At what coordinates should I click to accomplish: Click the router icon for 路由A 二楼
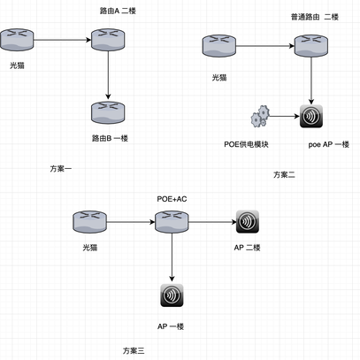pos(107,39)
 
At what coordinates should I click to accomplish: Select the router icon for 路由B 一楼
pos(107,112)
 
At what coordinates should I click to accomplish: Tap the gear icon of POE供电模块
pos(260,117)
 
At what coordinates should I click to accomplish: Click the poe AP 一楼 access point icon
pos(311,117)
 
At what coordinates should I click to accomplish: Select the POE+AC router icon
pos(169,221)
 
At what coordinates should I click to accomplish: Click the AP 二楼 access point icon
pos(247,221)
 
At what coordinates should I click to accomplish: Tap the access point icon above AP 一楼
pos(170,296)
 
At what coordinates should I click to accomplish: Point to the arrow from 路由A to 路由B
pos(107,75)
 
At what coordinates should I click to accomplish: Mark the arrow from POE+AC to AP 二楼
pos(209,221)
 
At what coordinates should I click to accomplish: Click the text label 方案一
pos(63,168)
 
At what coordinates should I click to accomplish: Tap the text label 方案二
pos(284,174)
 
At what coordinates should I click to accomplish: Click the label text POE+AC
pos(172,199)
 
